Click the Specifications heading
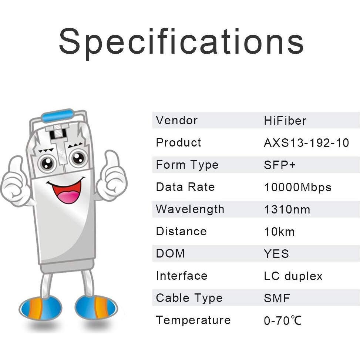coord(181,41)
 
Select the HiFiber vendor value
coord(285,121)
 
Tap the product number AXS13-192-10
coord(306,143)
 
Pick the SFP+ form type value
coord(280,165)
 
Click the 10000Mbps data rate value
coord(297,188)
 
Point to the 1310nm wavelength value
coord(287,210)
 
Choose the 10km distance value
coord(279,232)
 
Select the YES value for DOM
coord(276,254)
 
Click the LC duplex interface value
coord(293,276)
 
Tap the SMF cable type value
coord(277,298)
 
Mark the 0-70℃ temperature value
coord(283,320)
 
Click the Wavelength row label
coord(190,209)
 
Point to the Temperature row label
coord(193,320)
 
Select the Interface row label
coord(182,276)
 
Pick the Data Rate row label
coord(185,187)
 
